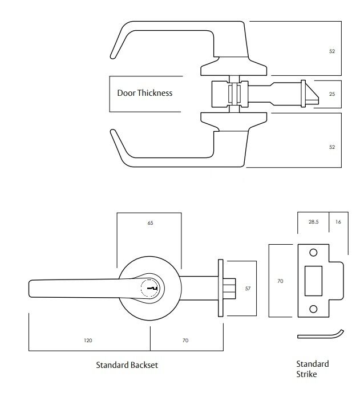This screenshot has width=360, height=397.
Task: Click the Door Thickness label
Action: (144, 93)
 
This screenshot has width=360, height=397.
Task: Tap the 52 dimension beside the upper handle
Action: (332, 51)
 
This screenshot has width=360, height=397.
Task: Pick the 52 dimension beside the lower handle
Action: (332, 147)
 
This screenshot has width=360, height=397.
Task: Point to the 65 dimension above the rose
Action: (150, 222)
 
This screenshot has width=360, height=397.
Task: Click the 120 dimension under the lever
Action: (88, 341)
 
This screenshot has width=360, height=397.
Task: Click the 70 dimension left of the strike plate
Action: (280, 281)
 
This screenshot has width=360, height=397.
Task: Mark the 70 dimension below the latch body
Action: (185, 341)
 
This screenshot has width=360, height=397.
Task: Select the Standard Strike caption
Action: (312, 369)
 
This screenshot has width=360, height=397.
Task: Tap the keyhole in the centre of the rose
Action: (152, 289)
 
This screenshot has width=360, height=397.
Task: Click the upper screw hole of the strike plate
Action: (313, 253)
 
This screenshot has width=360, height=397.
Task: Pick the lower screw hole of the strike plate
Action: (313, 309)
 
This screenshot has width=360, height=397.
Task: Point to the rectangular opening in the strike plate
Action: (313, 281)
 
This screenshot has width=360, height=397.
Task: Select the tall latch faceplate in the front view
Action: (220, 289)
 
